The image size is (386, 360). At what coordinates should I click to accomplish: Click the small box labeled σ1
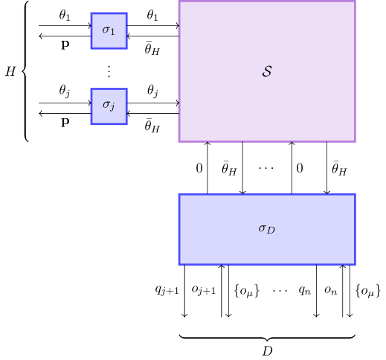109,30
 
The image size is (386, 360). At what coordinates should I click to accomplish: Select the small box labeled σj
109,106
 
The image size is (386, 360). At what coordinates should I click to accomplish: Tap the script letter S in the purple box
267,71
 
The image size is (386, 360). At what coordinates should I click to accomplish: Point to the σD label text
266,229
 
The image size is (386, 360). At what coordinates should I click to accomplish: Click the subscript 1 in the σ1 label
113,33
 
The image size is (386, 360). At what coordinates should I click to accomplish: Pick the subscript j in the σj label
112,109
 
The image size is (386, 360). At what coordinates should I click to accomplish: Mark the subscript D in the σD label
271,231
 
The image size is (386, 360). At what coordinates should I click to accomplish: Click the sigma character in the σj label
106,106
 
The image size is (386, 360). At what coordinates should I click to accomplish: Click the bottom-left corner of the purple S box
179,141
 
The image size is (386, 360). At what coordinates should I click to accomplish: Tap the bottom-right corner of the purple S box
355,141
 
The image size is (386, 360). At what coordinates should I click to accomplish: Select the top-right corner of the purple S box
355,1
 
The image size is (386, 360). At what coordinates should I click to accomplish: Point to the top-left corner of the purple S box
179,1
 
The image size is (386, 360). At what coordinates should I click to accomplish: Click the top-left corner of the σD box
179,194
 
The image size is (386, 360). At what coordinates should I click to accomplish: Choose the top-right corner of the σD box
355,194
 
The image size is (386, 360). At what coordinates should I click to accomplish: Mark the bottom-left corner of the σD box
179,264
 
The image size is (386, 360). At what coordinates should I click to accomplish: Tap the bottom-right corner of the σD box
355,264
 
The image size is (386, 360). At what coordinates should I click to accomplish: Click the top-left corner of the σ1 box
91,13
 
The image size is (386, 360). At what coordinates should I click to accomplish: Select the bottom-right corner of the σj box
126,124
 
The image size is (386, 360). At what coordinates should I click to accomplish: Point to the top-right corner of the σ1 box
126,13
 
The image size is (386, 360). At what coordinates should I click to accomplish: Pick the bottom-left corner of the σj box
91,124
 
